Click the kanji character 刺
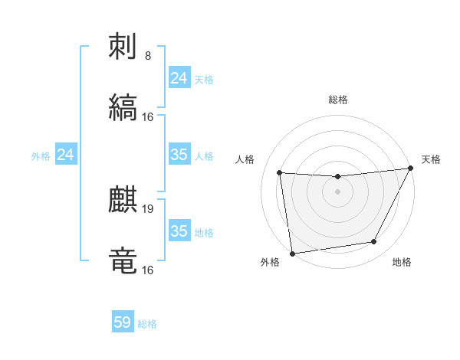tap(123, 47)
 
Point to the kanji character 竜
tap(123, 260)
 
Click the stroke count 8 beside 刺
tap(148, 56)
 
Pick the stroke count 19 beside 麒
tap(148, 208)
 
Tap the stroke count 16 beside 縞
tap(148, 117)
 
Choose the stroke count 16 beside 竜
tap(148, 270)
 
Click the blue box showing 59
tap(123, 322)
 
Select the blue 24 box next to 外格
tap(66, 155)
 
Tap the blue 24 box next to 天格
tap(179, 78)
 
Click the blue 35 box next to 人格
tap(179, 155)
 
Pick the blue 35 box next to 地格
tap(179, 231)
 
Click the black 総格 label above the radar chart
tap(338, 100)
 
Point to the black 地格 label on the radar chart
tap(402, 263)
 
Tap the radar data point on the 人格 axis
tap(280, 173)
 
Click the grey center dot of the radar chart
tap(337, 191)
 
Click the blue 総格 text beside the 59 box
tap(147, 324)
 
